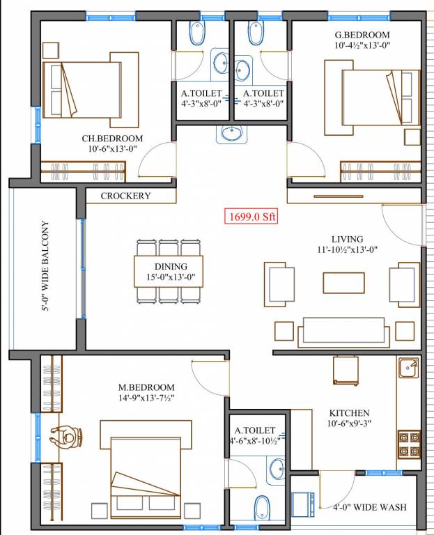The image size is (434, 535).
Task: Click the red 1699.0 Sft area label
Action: [251, 217]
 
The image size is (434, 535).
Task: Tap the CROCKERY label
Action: [125, 196]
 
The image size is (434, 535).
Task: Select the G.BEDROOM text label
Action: [362, 35]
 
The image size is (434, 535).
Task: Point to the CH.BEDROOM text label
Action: [112, 139]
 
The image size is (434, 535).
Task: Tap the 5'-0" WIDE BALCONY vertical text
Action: [45, 275]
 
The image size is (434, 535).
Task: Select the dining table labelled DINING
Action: [169, 271]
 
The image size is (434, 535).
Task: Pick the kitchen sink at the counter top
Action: [408, 366]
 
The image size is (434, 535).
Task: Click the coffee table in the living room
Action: [343, 282]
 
